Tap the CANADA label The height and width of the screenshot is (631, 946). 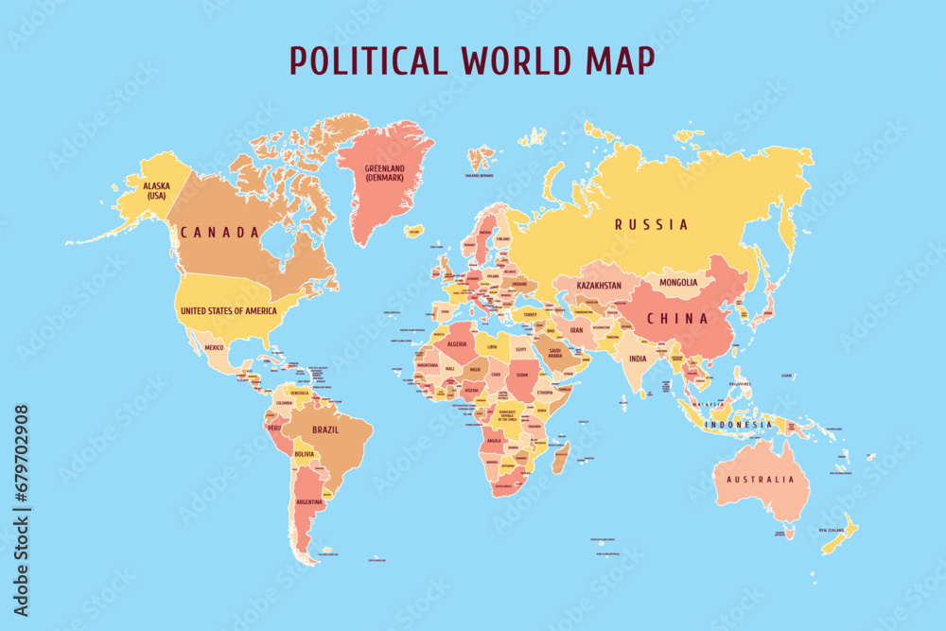220,232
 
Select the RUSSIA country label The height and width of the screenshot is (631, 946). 651,225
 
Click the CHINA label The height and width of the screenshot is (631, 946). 676,319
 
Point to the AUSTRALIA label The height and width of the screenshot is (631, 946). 761,480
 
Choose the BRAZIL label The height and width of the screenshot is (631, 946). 325,429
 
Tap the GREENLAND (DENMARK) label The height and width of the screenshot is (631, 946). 384,173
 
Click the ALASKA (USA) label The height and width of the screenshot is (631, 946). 157,191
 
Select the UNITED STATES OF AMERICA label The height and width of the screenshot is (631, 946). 229,310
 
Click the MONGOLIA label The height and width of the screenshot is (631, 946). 679,282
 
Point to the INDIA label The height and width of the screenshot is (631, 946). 639,359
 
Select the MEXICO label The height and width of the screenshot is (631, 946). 215,347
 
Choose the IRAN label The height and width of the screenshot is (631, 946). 576,331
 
